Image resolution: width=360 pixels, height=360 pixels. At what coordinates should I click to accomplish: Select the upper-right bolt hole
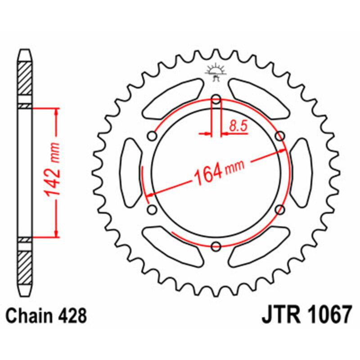(x=279, y=136)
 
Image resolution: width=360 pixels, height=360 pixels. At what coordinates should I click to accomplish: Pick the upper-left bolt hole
(x=153, y=136)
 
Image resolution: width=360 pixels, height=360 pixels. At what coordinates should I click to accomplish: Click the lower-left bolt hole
(x=152, y=209)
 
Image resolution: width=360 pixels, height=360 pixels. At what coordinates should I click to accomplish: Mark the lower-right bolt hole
(x=279, y=209)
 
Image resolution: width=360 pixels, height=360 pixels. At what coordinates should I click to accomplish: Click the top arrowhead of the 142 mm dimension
(x=56, y=111)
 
